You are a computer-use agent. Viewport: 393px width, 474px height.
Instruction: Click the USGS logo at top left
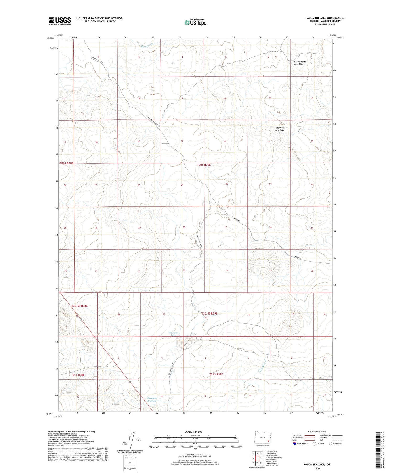click(60, 21)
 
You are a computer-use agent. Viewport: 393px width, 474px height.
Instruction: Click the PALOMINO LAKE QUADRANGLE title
click(325, 18)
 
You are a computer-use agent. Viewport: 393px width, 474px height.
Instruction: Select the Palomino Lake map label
click(173, 334)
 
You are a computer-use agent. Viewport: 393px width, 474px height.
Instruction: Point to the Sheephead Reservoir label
click(152, 399)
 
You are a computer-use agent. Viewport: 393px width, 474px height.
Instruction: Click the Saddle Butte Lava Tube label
click(300, 63)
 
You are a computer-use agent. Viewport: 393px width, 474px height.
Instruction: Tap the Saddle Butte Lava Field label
click(280, 129)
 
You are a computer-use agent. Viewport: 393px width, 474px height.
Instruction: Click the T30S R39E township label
click(204, 165)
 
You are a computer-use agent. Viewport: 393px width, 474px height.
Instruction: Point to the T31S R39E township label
click(216, 374)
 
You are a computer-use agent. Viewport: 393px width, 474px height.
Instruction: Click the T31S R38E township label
click(78, 375)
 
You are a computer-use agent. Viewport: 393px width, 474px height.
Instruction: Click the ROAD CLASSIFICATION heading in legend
click(317, 431)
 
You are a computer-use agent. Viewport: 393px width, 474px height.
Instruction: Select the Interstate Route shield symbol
click(295, 443)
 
